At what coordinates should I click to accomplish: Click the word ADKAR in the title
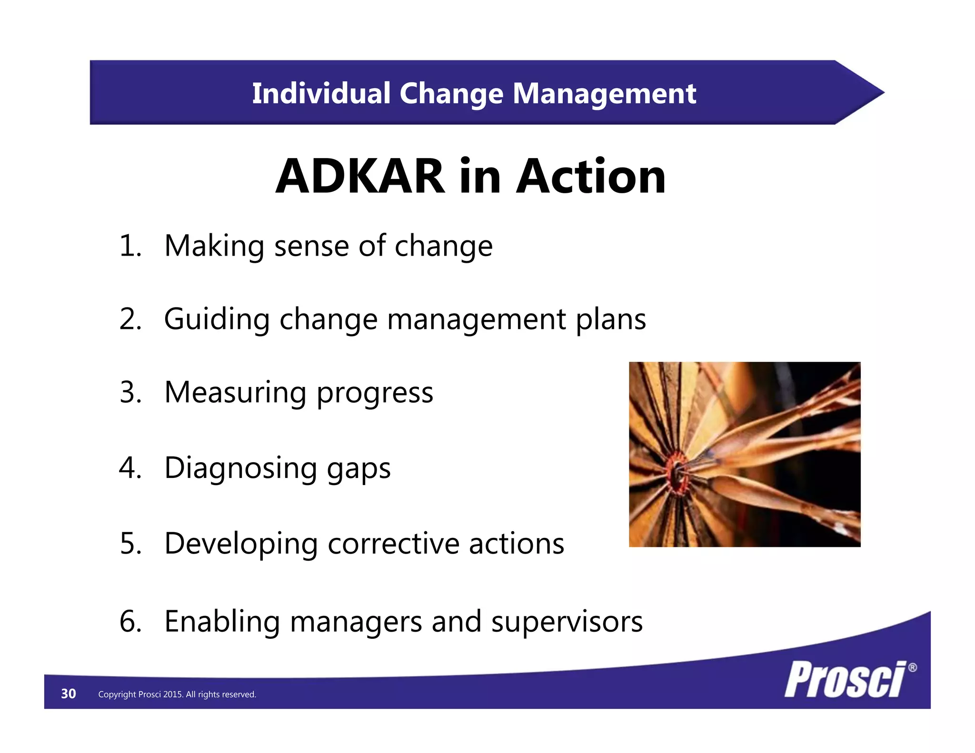point(360,177)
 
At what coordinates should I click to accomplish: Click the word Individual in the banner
point(321,93)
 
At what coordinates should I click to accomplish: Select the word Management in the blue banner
point(604,93)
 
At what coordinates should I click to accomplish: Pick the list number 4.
point(130,468)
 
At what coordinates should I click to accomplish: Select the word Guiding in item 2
point(217,319)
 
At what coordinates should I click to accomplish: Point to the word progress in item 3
point(375,393)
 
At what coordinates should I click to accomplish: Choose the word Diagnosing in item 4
point(240,468)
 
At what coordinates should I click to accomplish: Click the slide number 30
point(69,694)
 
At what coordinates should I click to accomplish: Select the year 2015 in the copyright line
point(173,694)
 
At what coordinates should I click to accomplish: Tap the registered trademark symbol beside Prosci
point(912,667)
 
